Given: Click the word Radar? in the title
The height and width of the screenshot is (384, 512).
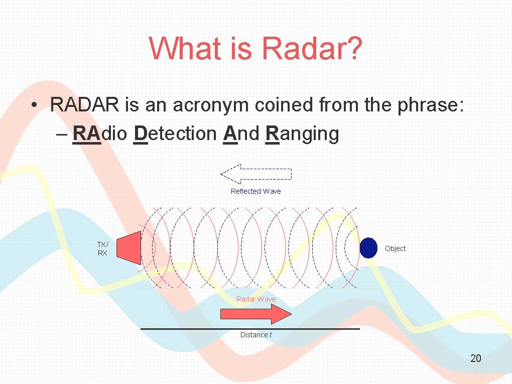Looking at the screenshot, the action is pyautogui.click(x=312, y=48).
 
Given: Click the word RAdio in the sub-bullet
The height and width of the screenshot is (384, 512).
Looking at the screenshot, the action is pyautogui.click(x=99, y=134).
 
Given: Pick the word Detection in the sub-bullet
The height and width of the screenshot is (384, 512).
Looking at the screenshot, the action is pyautogui.click(x=175, y=134).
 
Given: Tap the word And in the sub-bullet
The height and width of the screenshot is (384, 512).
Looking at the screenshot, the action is pyautogui.click(x=241, y=134).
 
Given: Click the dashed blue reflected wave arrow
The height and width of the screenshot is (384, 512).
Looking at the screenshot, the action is pyautogui.click(x=256, y=174).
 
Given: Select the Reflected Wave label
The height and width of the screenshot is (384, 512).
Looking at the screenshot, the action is pyautogui.click(x=255, y=191).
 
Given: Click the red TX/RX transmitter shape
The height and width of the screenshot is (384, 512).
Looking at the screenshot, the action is pyautogui.click(x=129, y=248).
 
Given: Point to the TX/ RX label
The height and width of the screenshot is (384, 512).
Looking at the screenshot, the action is pyautogui.click(x=102, y=248).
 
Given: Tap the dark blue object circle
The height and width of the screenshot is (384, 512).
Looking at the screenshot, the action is pyautogui.click(x=368, y=248).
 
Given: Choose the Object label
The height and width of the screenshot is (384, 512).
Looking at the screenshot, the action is pyautogui.click(x=395, y=248).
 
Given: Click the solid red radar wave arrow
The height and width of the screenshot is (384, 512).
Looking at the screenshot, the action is pyautogui.click(x=256, y=314).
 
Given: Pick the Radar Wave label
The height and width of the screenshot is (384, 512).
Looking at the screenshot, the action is pyautogui.click(x=256, y=299).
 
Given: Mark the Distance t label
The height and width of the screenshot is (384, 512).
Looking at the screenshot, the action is pyautogui.click(x=256, y=335).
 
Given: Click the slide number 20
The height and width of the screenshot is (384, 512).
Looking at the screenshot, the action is pyautogui.click(x=476, y=358).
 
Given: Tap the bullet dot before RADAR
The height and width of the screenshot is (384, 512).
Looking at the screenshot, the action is pyautogui.click(x=34, y=105).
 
